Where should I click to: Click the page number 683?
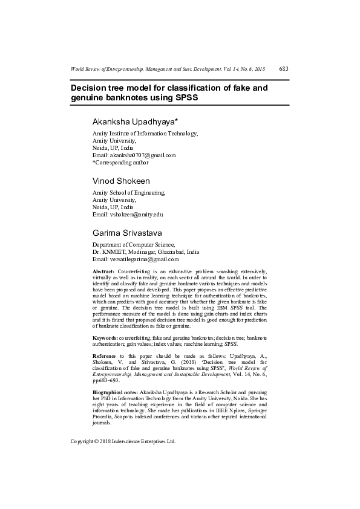pos(283,70)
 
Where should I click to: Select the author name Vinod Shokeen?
pos(121,181)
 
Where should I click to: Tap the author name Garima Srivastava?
pos(127,233)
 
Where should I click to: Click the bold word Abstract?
pos(104,272)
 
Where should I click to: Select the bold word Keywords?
pos(105,337)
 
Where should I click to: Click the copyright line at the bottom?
pos(123,441)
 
